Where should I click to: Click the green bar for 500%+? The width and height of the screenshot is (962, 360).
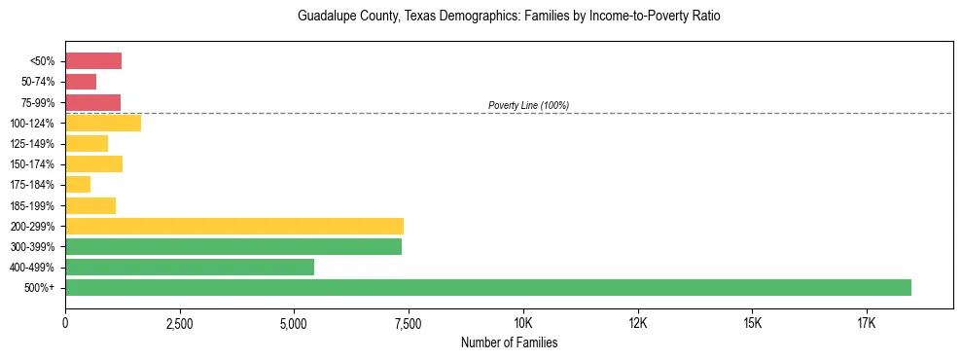click(x=488, y=287)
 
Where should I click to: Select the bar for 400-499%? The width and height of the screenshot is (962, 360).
click(x=190, y=267)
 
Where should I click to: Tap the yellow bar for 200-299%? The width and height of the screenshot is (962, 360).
click(x=234, y=226)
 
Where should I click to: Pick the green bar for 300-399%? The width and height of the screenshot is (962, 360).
click(x=233, y=246)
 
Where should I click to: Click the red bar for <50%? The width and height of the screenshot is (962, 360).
click(x=93, y=61)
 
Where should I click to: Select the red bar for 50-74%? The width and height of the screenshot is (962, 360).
click(x=81, y=82)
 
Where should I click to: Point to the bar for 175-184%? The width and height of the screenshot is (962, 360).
click(x=78, y=184)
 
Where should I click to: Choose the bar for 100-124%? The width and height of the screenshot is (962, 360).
click(x=103, y=123)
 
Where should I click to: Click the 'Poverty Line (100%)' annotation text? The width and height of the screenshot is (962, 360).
click(x=528, y=105)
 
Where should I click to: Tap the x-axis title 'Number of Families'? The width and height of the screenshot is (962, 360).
click(x=509, y=343)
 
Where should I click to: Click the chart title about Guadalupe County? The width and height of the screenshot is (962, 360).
click(x=509, y=18)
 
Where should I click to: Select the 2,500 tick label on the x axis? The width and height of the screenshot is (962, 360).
click(x=180, y=323)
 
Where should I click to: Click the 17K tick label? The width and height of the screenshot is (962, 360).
click(x=867, y=323)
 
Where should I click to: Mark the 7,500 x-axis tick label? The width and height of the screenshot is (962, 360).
click(x=409, y=323)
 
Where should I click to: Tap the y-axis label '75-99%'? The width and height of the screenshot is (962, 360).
click(x=38, y=103)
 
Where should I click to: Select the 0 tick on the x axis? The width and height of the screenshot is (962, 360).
click(x=65, y=323)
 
